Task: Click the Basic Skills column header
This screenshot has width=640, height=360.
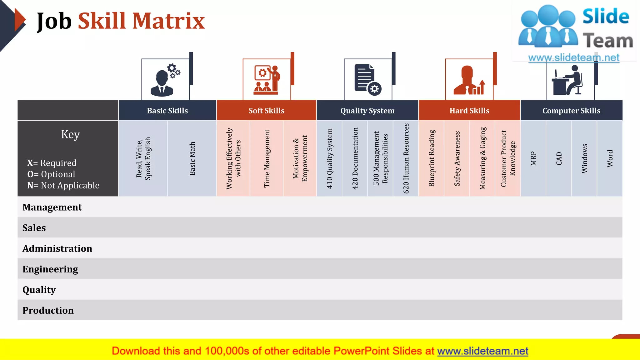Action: pos(167,111)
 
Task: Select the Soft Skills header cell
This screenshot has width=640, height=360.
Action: pos(266,111)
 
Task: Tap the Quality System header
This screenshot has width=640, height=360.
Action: pos(367,111)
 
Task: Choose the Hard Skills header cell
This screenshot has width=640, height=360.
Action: pos(469,111)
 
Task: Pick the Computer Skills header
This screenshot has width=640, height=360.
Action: pos(571,111)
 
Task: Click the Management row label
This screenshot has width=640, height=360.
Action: pos(52,207)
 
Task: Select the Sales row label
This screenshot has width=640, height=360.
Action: pos(34,228)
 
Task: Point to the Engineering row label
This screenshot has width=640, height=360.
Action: pos(50,269)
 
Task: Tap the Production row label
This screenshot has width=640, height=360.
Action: pos(48,310)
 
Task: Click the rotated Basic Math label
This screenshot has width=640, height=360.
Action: pos(192,158)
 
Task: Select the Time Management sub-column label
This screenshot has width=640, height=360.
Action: pos(267,158)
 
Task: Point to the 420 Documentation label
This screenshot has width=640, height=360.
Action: pos(355,158)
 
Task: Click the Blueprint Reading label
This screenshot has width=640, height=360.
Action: pos(432,158)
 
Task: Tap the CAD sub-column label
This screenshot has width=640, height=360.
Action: pos(559,158)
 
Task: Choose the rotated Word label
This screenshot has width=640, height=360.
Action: pos(610,158)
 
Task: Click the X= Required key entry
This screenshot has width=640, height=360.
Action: pos(52,163)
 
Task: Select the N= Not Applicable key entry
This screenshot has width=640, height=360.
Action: pos(63,185)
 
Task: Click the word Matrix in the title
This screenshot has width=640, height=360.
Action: pos(168,21)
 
